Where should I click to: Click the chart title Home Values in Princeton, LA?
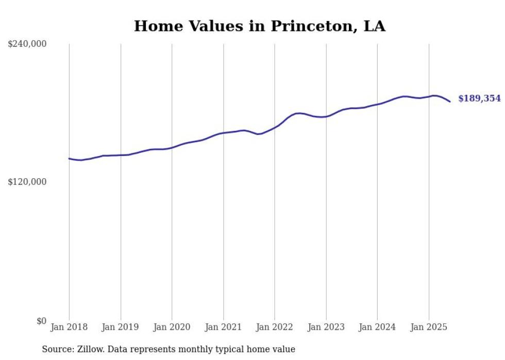click(259, 26)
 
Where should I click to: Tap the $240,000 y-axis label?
click(27, 44)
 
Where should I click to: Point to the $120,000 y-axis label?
click(27, 182)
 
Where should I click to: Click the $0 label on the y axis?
click(41, 321)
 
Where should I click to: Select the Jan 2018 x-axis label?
click(69, 327)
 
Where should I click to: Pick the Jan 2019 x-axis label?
click(121, 327)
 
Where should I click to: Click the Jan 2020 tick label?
click(172, 327)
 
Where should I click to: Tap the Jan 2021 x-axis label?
click(223, 327)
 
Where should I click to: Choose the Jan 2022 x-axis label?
click(275, 327)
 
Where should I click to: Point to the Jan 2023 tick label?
click(326, 327)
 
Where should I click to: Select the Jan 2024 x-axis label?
click(377, 327)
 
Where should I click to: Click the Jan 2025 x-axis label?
click(429, 327)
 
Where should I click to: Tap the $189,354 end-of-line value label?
click(479, 98)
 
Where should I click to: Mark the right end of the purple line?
click(450, 101)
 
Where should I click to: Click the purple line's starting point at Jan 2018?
click(69, 159)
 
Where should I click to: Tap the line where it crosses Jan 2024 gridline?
click(377, 104)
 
